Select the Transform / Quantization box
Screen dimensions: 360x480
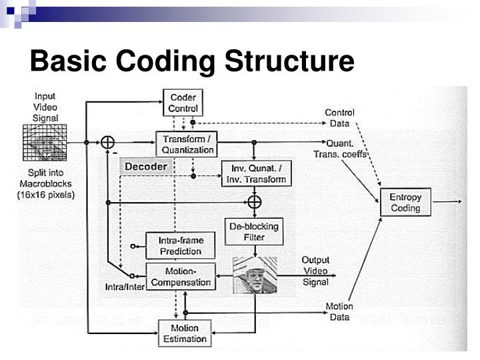click(x=187, y=144)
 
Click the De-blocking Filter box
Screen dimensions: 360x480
click(x=254, y=231)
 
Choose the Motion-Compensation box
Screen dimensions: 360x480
click(x=181, y=277)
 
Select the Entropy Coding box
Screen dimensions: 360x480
click(x=405, y=202)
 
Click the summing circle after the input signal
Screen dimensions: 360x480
click(x=107, y=142)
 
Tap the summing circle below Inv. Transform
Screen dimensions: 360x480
click(x=254, y=201)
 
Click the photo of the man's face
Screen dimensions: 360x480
click(x=254, y=275)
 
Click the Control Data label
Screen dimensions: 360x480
click(x=339, y=117)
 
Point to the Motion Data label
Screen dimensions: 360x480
click(x=339, y=311)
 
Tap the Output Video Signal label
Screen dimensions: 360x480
click(x=315, y=271)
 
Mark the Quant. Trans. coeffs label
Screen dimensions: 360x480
click(x=340, y=149)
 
